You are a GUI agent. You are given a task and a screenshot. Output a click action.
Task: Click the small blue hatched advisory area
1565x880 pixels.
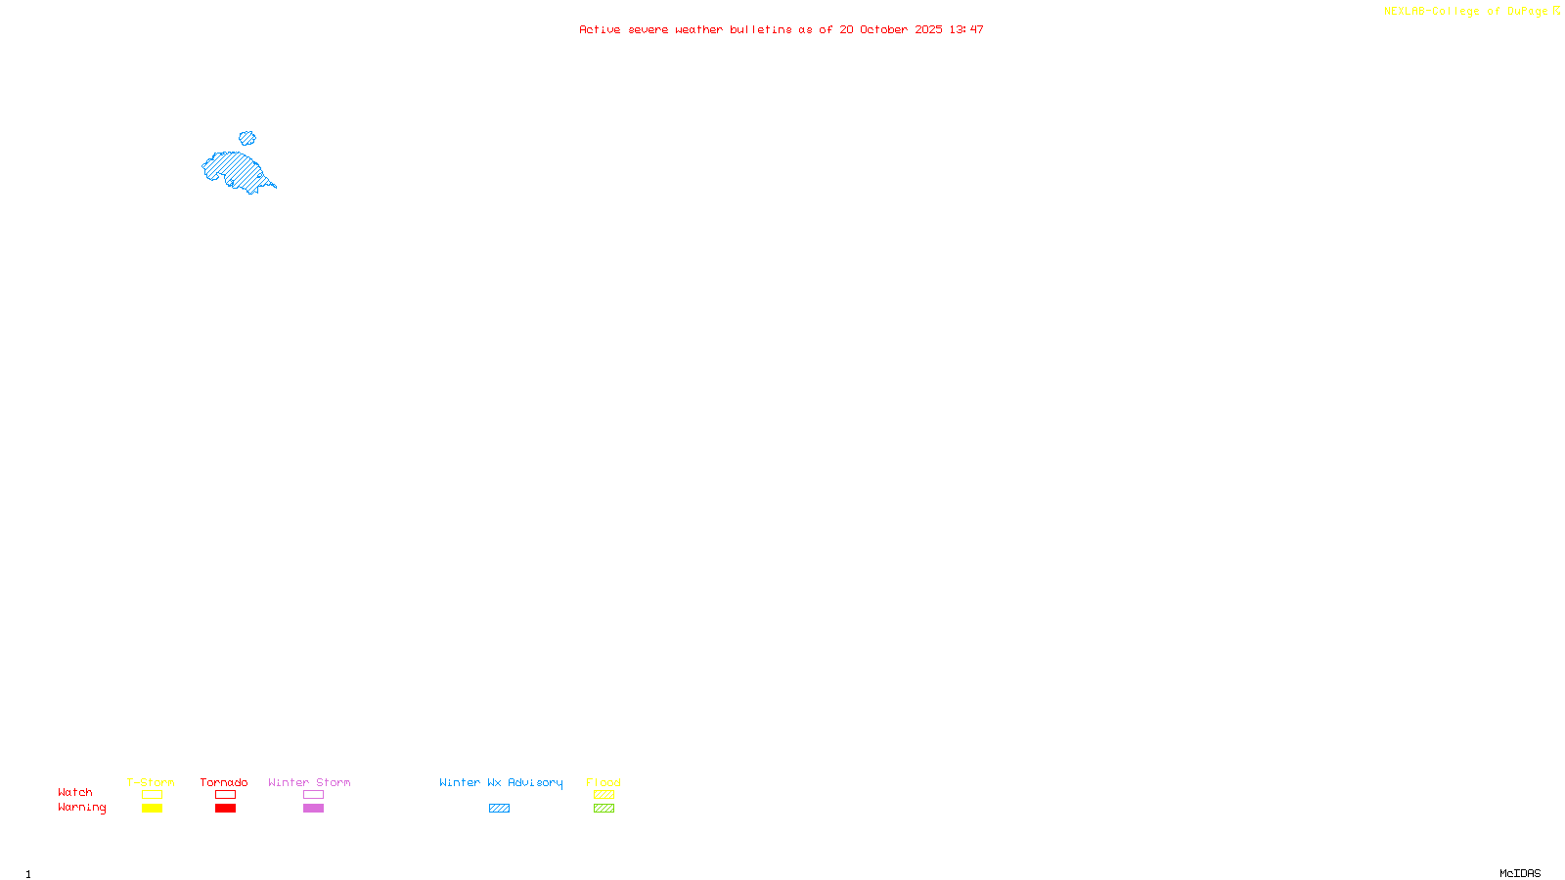[247, 138]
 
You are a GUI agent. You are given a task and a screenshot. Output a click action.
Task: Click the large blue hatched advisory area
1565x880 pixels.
[236, 170]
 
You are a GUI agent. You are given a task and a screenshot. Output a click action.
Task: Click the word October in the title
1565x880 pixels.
[883, 29]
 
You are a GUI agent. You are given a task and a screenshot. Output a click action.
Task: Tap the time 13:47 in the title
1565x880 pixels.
[966, 29]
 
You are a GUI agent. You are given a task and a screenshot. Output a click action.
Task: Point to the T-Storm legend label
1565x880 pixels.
[151, 782]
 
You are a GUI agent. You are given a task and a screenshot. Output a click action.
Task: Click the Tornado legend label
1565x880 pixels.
[224, 782]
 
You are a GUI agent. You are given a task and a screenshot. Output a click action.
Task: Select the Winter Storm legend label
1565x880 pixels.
[309, 782]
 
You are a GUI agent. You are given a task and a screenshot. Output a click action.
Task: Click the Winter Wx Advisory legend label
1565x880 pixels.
[501, 782]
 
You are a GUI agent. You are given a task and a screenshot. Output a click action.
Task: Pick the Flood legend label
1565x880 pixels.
[604, 782]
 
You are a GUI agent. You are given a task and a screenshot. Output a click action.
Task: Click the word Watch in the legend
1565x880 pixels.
[75, 792]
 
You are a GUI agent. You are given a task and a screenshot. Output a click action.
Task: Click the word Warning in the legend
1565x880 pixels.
[81, 808]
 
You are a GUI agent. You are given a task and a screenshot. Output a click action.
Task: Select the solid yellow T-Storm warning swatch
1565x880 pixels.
[152, 809]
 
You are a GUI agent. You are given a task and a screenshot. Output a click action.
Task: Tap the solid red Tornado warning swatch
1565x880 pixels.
[226, 809]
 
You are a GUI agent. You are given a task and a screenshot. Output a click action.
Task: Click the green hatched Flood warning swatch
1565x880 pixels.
[604, 809]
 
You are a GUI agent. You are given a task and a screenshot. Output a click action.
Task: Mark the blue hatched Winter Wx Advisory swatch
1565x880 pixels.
[499, 809]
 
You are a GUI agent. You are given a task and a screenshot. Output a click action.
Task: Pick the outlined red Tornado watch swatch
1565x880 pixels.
[226, 795]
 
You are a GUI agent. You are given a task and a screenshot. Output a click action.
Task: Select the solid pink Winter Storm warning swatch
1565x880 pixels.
[313, 809]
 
